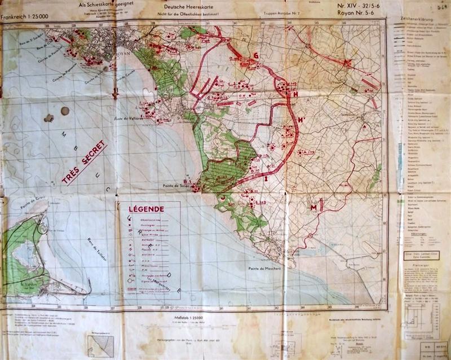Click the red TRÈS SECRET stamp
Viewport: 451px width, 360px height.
(84, 163)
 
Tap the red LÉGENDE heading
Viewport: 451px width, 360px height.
(147, 209)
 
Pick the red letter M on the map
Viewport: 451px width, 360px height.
(312, 208)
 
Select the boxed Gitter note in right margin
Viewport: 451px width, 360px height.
(418, 255)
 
